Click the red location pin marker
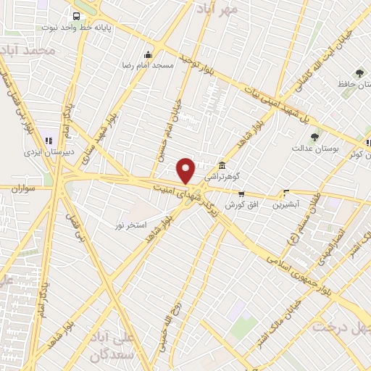(x=186, y=170)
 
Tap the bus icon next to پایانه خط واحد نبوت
(x=75, y=14)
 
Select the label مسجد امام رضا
(x=148, y=65)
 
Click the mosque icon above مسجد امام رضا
(x=149, y=54)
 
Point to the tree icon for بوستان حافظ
(x=359, y=73)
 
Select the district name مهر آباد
(x=220, y=9)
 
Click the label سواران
(x=23, y=188)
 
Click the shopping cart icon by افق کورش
(x=241, y=194)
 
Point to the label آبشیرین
(x=285, y=204)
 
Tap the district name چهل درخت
(x=341, y=326)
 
